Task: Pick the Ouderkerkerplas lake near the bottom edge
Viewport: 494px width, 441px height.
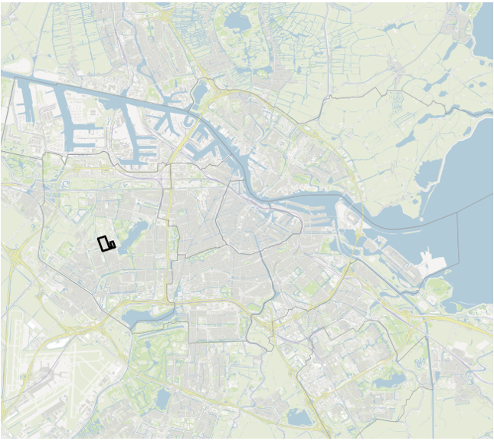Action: pos(299,418)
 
